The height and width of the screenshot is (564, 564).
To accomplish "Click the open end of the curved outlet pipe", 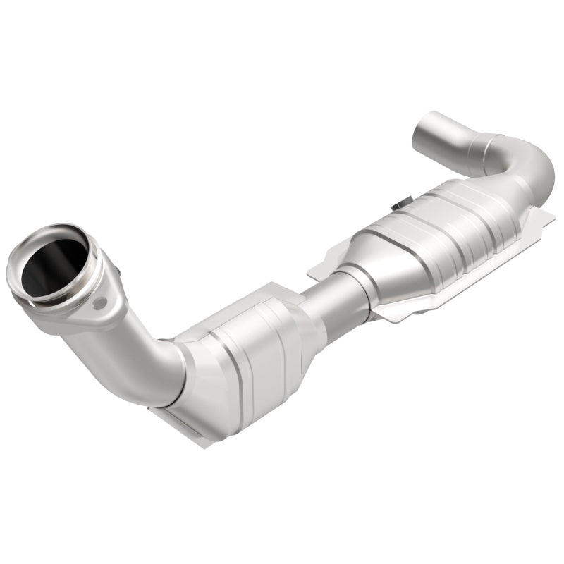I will [x=429, y=130].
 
